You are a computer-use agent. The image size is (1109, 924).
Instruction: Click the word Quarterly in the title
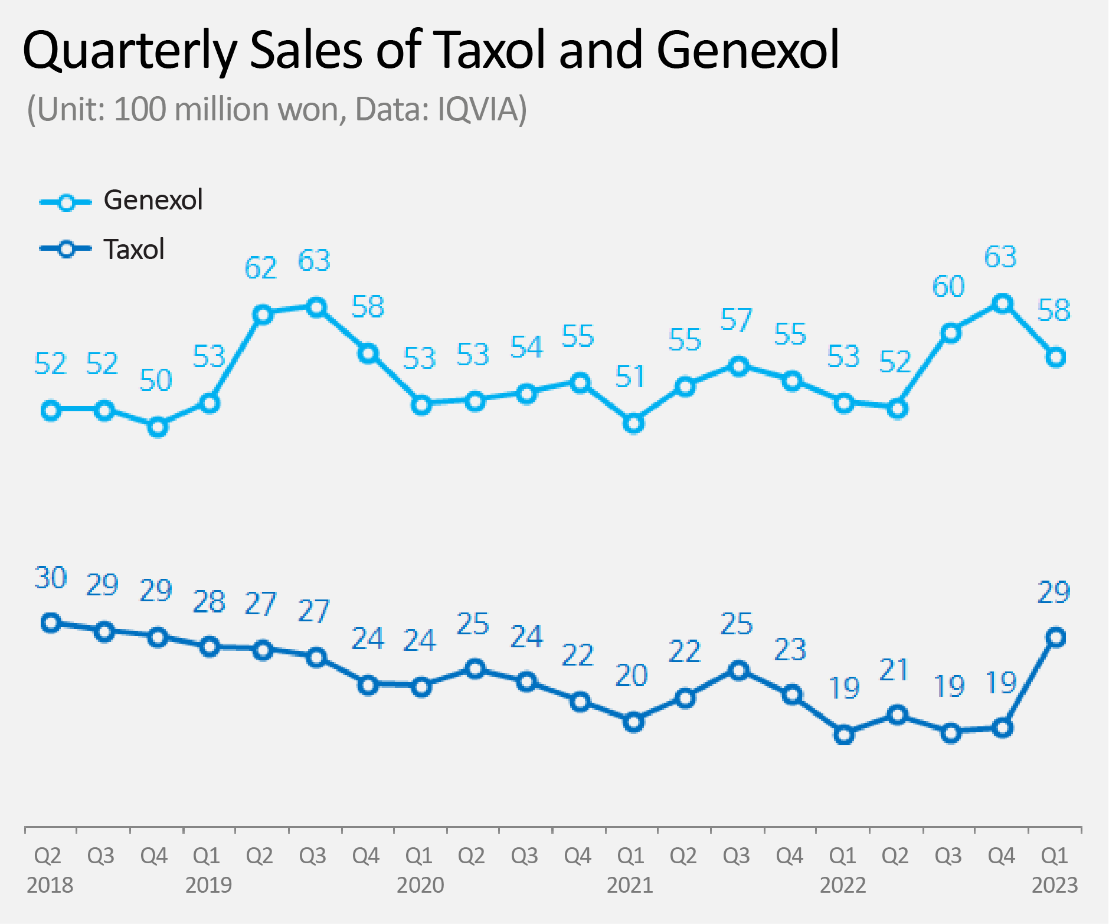(x=129, y=51)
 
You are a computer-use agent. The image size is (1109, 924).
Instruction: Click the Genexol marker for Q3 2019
(x=317, y=307)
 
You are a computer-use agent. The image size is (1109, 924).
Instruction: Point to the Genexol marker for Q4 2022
(x=1002, y=304)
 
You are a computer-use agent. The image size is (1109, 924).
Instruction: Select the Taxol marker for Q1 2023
(x=1055, y=637)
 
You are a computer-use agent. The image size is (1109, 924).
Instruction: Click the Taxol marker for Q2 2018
(x=51, y=623)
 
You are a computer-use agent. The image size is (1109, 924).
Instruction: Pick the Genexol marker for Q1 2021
(x=633, y=424)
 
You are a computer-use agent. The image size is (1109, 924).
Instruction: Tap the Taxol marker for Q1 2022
(x=845, y=735)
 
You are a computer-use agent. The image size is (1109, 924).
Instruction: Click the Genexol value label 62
(x=260, y=268)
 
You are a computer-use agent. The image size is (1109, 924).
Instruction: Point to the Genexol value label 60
(x=948, y=287)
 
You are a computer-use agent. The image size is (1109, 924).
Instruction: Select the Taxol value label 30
(x=51, y=578)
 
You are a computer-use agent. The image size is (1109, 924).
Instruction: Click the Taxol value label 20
(x=631, y=676)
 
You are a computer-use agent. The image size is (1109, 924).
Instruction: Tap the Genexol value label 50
(x=156, y=381)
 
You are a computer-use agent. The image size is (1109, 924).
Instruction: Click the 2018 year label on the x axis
(x=50, y=886)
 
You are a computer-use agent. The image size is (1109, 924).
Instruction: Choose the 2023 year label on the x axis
(x=1055, y=886)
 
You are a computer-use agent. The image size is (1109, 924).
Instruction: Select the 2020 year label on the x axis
(x=420, y=886)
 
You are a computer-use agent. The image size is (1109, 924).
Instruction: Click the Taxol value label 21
(x=894, y=670)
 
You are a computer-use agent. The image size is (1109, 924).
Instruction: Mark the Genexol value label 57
(x=737, y=320)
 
